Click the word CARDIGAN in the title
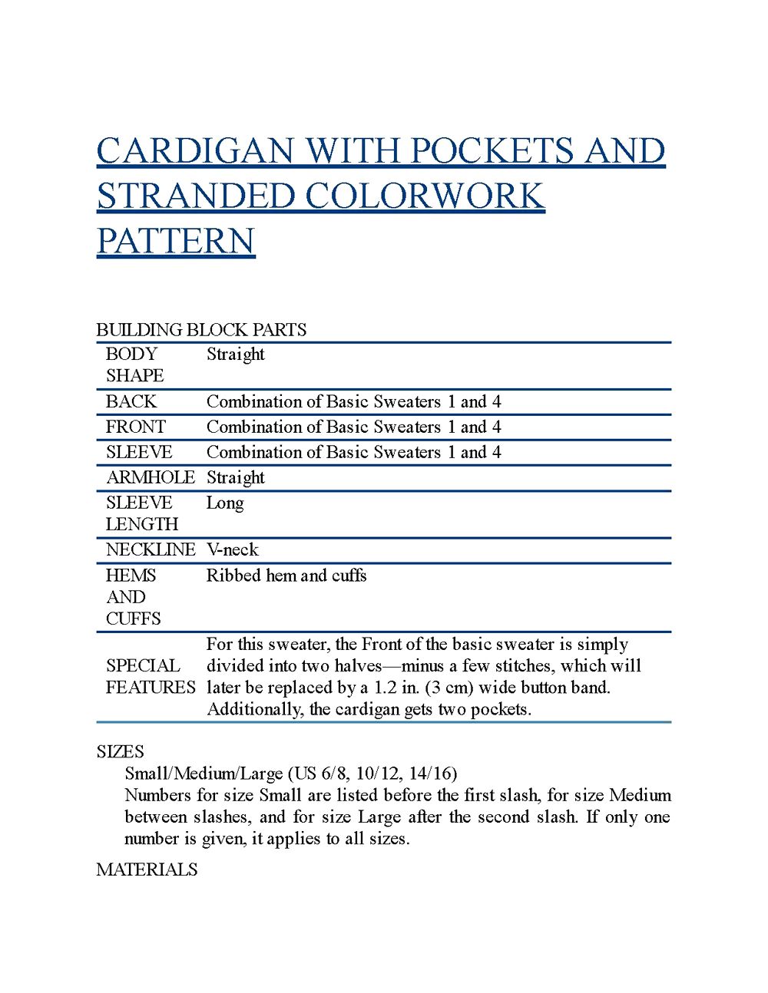click(x=195, y=151)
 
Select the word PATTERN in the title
click(x=175, y=241)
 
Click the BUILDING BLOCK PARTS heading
click(x=201, y=330)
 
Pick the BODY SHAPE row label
click(x=134, y=365)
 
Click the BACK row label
click(x=131, y=401)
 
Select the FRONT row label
click(x=135, y=427)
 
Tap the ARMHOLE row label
click(x=150, y=477)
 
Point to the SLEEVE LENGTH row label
click(x=141, y=513)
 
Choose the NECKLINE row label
click(x=150, y=549)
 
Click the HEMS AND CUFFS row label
click(x=133, y=597)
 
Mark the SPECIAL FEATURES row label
click(x=150, y=676)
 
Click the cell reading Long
click(x=225, y=503)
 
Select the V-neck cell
click(x=232, y=549)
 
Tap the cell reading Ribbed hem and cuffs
click(x=286, y=576)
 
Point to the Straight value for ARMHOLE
click(x=235, y=477)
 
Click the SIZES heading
click(x=120, y=751)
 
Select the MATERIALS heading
click(x=147, y=869)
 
